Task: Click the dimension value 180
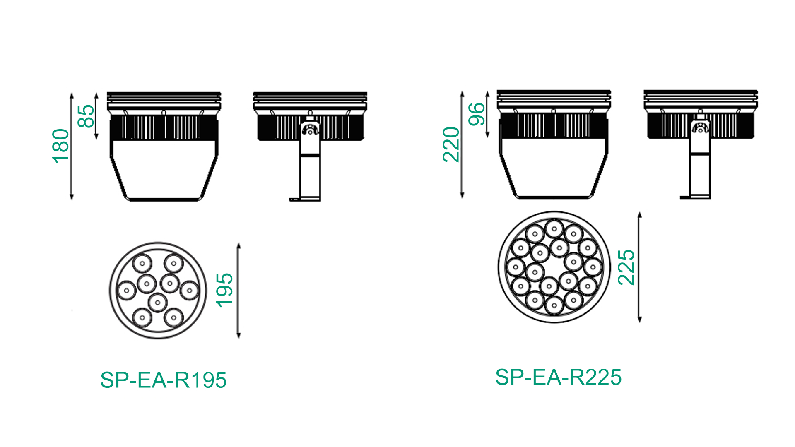tap(61, 146)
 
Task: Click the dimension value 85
tap(86, 116)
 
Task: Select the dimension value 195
tap(225, 290)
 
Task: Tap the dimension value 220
tap(451, 144)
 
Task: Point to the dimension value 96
tap(477, 114)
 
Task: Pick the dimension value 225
tap(626, 267)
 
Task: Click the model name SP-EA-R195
tap(163, 380)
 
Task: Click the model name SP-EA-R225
tap(558, 377)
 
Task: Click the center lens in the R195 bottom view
tap(158, 303)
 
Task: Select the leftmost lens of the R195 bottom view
tap(126, 290)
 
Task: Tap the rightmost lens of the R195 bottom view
tap(189, 290)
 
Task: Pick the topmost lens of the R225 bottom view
tap(554, 228)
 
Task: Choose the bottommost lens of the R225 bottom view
tap(554, 306)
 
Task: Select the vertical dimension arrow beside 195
tap(239, 291)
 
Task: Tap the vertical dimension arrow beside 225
tap(640, 267)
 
